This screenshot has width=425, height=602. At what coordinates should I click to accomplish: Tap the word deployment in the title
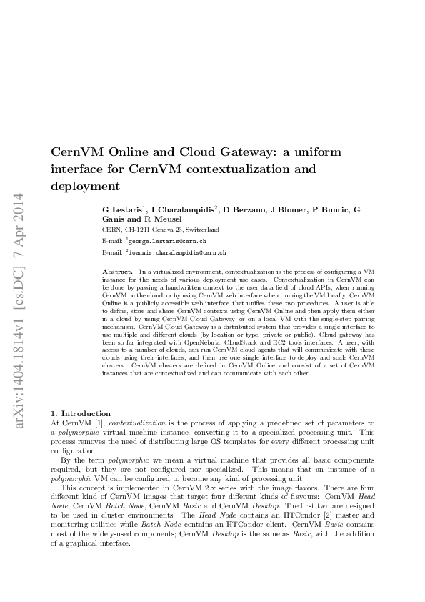click(84, 187)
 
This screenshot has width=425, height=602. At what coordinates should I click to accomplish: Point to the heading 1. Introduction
click(81, 413)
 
